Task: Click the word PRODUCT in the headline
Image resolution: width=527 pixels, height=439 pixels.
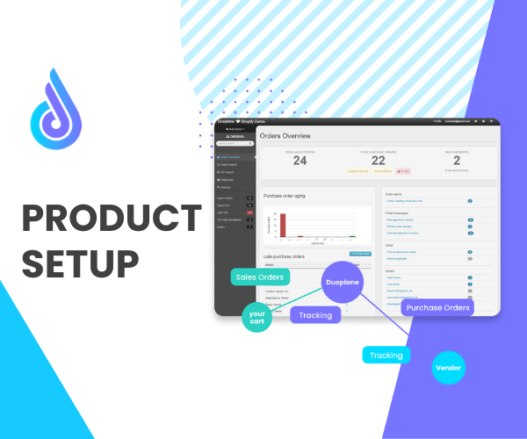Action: point(111,219)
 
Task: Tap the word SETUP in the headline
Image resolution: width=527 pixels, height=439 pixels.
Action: point(80,263)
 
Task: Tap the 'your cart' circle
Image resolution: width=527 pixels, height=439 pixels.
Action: point(257,316)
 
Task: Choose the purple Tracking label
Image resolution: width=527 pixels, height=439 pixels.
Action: point(314,314)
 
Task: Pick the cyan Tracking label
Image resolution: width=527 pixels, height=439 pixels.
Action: point(386,355)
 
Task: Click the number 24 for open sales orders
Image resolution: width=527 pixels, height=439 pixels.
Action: point(300,161)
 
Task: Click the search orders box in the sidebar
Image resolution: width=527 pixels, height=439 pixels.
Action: point(233,143)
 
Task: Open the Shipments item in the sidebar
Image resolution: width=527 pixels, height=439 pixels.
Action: point(226,180)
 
